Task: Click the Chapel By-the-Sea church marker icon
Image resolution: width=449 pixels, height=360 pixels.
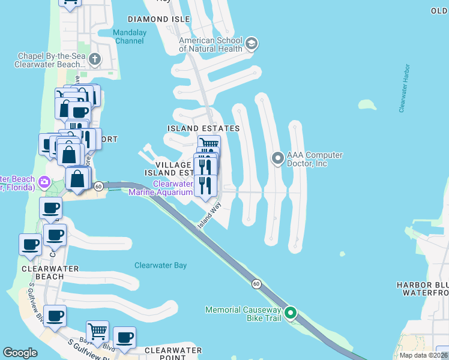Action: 94,59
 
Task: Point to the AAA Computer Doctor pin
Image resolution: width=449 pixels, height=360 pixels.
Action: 277,158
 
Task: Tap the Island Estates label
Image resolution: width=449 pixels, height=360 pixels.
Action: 203,128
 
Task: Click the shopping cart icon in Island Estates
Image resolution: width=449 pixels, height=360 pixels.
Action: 209,145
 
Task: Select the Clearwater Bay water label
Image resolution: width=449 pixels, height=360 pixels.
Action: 160,265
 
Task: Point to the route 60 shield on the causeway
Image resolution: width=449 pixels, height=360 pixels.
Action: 256,283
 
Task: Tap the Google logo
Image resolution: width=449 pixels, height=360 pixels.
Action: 20,353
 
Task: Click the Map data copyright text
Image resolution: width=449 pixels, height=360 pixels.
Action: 423,355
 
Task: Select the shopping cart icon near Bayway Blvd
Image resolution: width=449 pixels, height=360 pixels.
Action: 97,331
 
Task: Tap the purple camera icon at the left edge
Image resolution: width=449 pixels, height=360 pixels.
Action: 44,181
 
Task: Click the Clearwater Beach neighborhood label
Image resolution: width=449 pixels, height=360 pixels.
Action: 41,272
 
